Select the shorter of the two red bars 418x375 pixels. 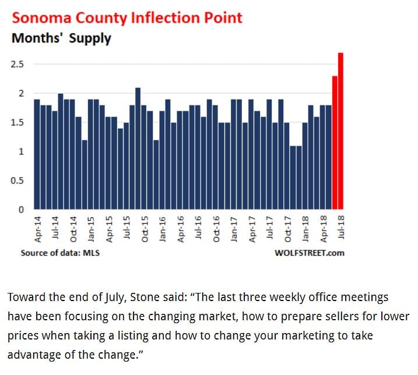tap(335, 143)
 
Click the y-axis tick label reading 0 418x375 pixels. tap(21, 210)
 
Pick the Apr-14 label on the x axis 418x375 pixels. tap(37, 228)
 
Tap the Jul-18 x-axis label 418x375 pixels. tap(341, 228)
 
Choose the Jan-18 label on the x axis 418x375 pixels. tap(305, 228)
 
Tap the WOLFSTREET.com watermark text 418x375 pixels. tap(309, 253)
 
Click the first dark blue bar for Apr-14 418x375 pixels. tap(37, 154)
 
